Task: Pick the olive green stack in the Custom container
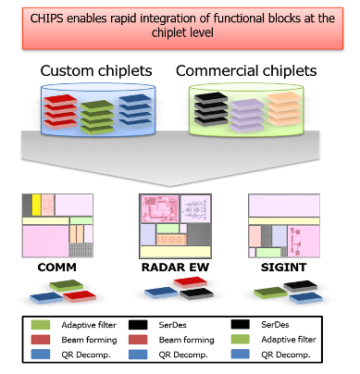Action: coord(96,118)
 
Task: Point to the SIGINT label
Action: coord(281,268)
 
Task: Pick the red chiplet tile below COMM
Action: coord(79,295)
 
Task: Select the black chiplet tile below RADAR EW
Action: coord(192,293)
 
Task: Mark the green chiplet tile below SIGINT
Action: coord(268,294)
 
